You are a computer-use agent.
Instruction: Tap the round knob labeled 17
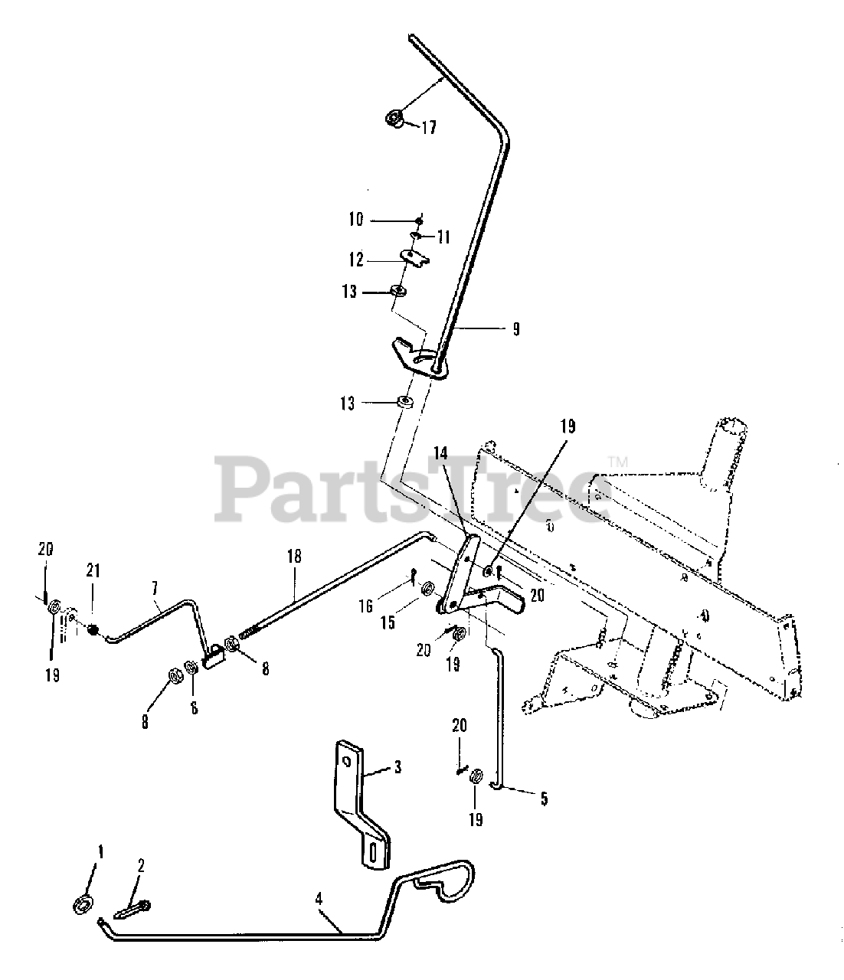[395, 119]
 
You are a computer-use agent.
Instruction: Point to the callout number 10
[355, 220]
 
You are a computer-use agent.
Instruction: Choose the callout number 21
[93, 570]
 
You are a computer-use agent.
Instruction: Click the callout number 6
[193, 708]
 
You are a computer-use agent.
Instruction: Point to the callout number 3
[397, 766]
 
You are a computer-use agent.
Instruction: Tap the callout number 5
[543, 799]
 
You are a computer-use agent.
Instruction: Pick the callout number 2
[140, 866]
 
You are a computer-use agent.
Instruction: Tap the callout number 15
[388, 622]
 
